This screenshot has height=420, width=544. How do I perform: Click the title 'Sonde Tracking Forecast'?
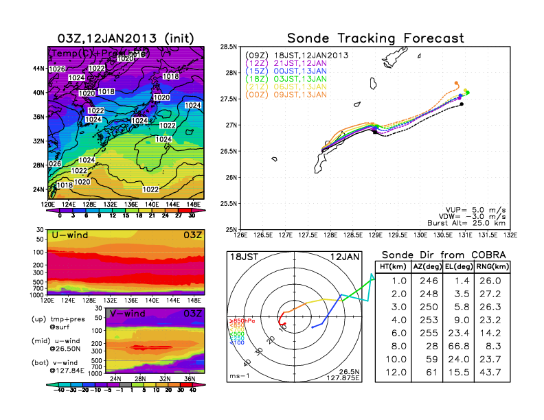click(x=375, y=38)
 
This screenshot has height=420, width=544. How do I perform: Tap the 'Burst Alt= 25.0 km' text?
click(x=469, y=222)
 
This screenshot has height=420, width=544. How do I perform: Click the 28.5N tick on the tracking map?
click(x=228, y=47)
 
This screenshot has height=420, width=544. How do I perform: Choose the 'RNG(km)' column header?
click(x=489, y=267)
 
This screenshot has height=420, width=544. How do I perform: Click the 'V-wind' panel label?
click(x=130, y=314)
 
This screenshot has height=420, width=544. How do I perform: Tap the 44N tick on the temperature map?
click(x=38, y=69)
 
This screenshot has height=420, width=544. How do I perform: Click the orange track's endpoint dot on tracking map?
click(x=457, y=84)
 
